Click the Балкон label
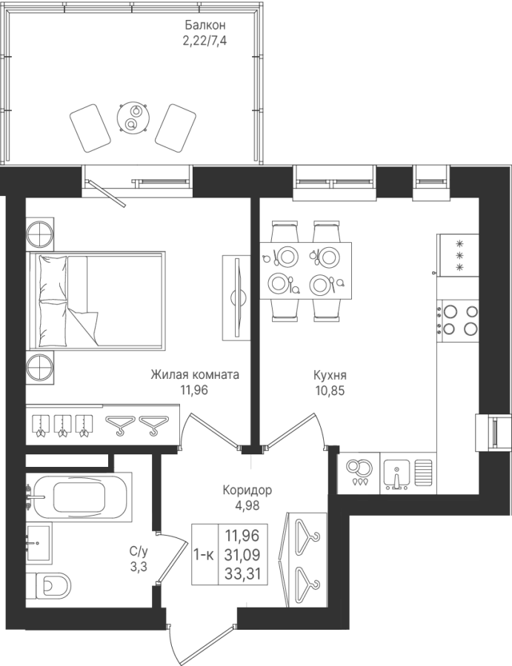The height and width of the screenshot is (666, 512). (202, 25)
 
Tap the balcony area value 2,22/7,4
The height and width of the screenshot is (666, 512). (202, 41)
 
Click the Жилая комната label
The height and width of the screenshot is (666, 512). (195, 375)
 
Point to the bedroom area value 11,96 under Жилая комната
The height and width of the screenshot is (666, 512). (195, 390)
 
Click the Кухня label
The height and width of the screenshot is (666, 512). (330, 375)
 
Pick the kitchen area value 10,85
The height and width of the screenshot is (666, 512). (330, 391)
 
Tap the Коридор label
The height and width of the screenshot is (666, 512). (247, 491)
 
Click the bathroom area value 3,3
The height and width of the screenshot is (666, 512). (139, 567)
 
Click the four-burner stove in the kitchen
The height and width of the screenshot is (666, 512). (459, 320)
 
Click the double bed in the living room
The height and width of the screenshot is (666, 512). (96, 300)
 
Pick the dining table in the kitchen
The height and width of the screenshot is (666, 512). (306, 270)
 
